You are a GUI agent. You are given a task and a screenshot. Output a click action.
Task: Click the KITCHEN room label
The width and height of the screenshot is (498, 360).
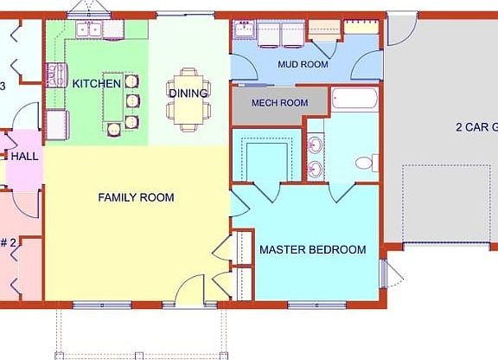(96, 83)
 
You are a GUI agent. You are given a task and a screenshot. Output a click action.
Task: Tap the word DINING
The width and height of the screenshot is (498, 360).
(188, 93)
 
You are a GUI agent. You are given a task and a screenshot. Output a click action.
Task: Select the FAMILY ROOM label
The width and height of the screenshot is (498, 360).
(136, 197)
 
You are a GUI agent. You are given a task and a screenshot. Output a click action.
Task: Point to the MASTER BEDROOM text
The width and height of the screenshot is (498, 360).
(312, 250)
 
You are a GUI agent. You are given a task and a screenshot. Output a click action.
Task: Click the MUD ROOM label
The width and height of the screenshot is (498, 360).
(303, 64)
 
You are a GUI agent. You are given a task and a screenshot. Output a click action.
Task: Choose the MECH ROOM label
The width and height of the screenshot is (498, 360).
(279, 103)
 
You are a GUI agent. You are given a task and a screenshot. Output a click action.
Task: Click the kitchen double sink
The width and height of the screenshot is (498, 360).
(88, 29)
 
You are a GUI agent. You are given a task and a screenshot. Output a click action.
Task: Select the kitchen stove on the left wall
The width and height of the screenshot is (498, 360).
(58, 75)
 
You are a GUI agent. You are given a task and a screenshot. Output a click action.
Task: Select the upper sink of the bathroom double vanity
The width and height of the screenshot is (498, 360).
(316, 144)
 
